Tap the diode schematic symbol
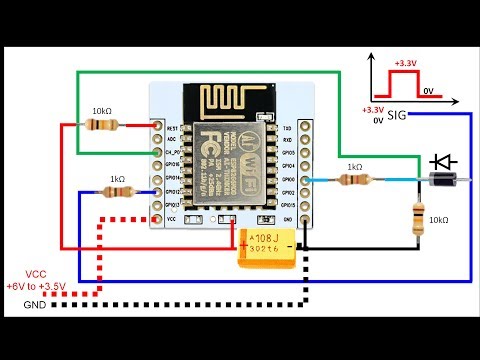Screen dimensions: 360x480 click(x=443, y=159)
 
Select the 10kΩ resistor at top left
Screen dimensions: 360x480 click(x=102, y=126)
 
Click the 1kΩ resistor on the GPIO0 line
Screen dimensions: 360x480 click(x=353, y=180)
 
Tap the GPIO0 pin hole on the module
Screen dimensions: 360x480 click(x=302, y=180)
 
